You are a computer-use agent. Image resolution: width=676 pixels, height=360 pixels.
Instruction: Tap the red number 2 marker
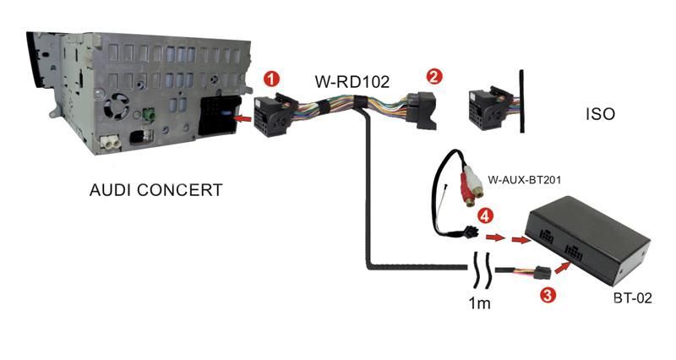(x=433, y=76)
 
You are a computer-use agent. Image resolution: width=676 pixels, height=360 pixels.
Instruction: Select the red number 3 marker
(x=548, y=295)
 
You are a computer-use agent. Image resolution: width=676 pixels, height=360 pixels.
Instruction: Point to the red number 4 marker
(x=484, y=216)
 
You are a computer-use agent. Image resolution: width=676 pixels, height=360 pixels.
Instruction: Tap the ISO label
(x=600, y=112)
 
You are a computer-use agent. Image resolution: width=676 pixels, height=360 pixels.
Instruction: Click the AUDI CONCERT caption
(x=156, y=190)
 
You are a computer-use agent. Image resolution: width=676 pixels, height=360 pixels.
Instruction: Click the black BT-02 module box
(x=589, y=240)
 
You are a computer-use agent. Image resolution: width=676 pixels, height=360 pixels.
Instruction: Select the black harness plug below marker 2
(x=423, y=107)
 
